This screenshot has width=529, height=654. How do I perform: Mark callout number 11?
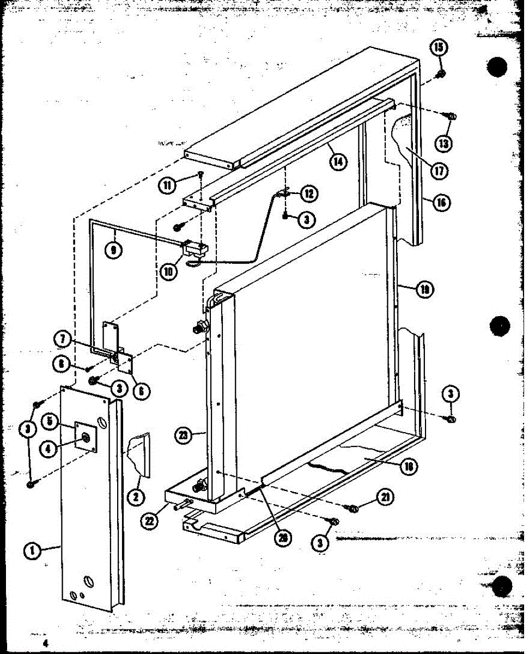click(168, 184)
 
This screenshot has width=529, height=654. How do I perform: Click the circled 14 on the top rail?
click(338, 161)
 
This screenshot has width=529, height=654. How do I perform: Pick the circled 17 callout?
click(439, 169)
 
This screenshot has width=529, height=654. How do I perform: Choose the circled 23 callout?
click(185, 435)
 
